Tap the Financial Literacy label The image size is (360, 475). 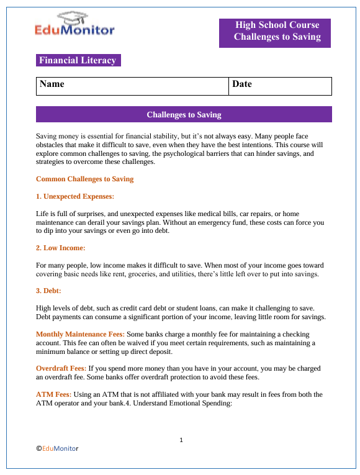click(x=78, y=60)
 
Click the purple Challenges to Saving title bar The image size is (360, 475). click(x=184, y=115)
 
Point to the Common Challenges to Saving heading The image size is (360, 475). click(x=84, y=179)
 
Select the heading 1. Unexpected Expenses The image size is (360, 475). click(x=75, y=196)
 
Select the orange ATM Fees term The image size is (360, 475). click(x=53, y=394)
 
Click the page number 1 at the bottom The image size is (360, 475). click(x=181, y=440)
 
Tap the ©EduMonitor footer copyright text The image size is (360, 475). click(x=57, y=447)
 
